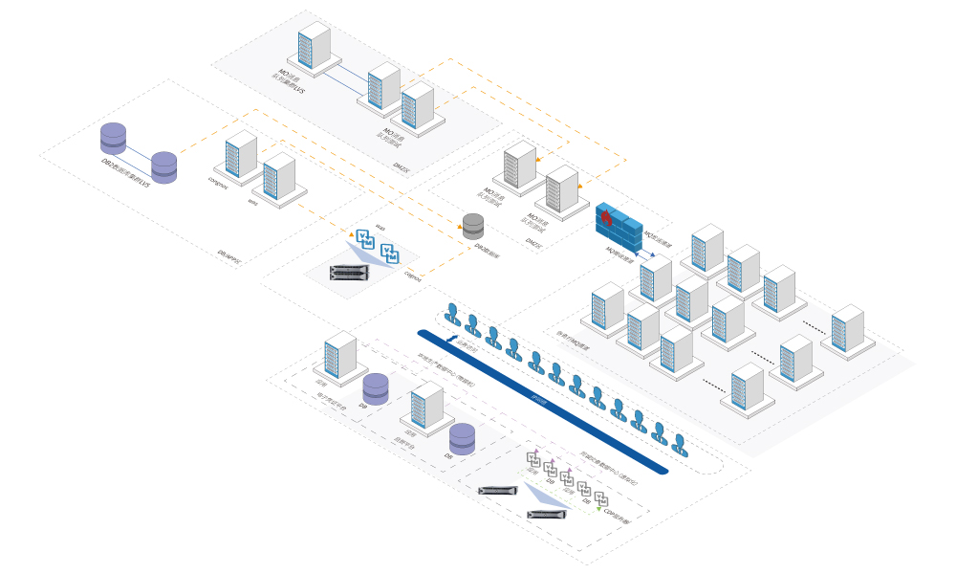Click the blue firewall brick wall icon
[x=620, y=228]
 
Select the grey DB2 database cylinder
[x=473, y=226]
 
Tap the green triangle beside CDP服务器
[x=599, y=509]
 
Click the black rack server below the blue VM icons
[x=349, y=273]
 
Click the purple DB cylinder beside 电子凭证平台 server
[x=376, y=388]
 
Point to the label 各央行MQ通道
[x=574, y=334]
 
